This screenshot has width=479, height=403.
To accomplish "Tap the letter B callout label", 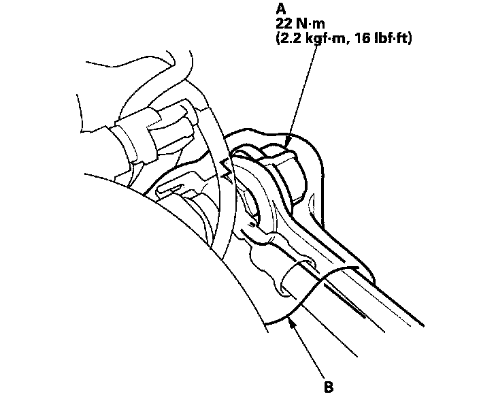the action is [x=329, y=387].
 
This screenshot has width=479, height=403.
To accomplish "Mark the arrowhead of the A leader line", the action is [x=289, y=142].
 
